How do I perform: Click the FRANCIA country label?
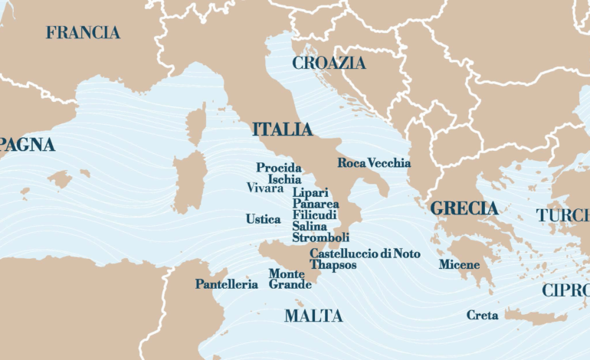pos(83,33)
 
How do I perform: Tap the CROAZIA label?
pos(329,64)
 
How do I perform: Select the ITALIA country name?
pos(282,129)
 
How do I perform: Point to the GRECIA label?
pos(464,208)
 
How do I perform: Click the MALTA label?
pos(313,316)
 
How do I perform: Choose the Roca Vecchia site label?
pos(374,163)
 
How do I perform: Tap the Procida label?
pos(278,168)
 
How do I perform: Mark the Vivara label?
pos(264,188)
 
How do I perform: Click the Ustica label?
pos(263,219)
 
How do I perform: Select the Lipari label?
pos(310,194)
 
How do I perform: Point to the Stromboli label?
pos(320,237)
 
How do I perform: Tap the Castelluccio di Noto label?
pos(365,254)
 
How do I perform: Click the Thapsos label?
pos(333,265)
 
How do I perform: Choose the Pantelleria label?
pos(226,284)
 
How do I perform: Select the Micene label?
pos(459,265)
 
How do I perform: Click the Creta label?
pos(482,315)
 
